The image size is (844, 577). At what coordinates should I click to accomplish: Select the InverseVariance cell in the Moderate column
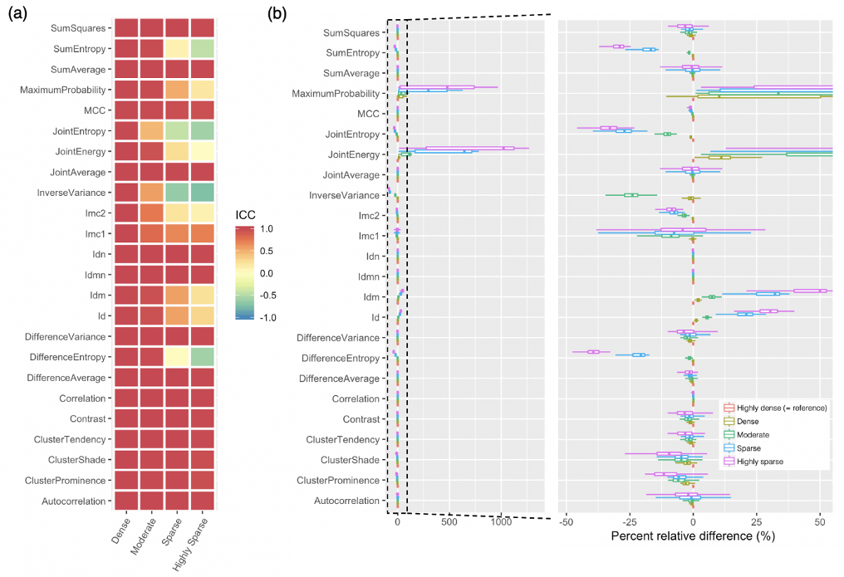point(151,193)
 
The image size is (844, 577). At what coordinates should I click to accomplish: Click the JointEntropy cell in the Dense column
point(125,130)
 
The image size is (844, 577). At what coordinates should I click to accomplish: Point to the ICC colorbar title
point(247,213)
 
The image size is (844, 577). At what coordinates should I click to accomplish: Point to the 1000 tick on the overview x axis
point(501,522)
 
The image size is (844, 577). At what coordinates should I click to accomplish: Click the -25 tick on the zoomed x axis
point(630,522)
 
